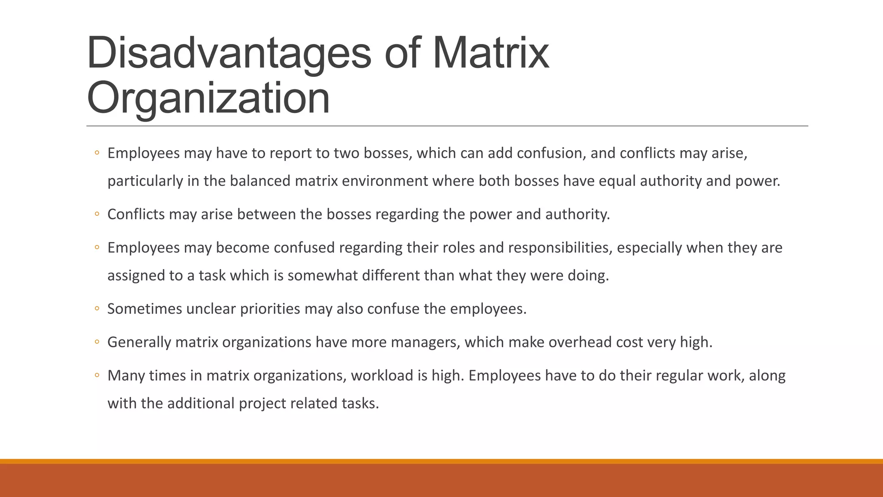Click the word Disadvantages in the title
click(229, 53)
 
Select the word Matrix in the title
click(490, 53)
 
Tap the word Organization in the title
click(208, 98)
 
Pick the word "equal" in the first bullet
click(617, 181)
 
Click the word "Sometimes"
click(145, 309)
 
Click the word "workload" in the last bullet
click(382, 376)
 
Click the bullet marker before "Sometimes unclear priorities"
click(97, 309)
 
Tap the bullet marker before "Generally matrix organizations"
click(97, 342)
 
